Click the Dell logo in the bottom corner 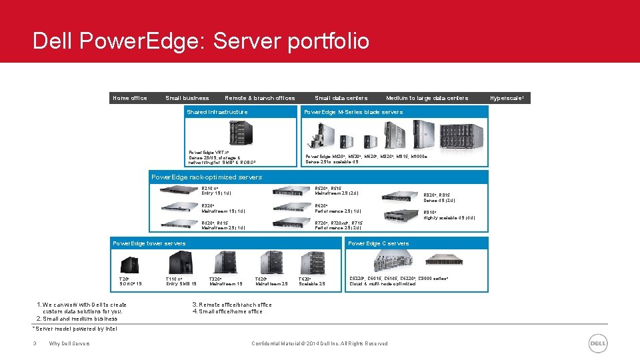[598, 343]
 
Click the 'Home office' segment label [130, 98]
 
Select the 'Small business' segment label [187, 98]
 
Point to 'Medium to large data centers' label [427, 98]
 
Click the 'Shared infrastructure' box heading [217, 112]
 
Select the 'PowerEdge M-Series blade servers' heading [353, 112]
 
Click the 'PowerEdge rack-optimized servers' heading [207, 177]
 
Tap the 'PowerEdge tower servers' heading [149, 243]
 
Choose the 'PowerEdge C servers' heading [379, 243]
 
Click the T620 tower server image [312, 263]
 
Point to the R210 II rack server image [179, 190]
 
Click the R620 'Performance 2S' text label [338, 211]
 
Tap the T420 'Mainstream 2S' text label [271, 284]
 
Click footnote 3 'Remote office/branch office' [232, 305]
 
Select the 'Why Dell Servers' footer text [69, 343]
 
